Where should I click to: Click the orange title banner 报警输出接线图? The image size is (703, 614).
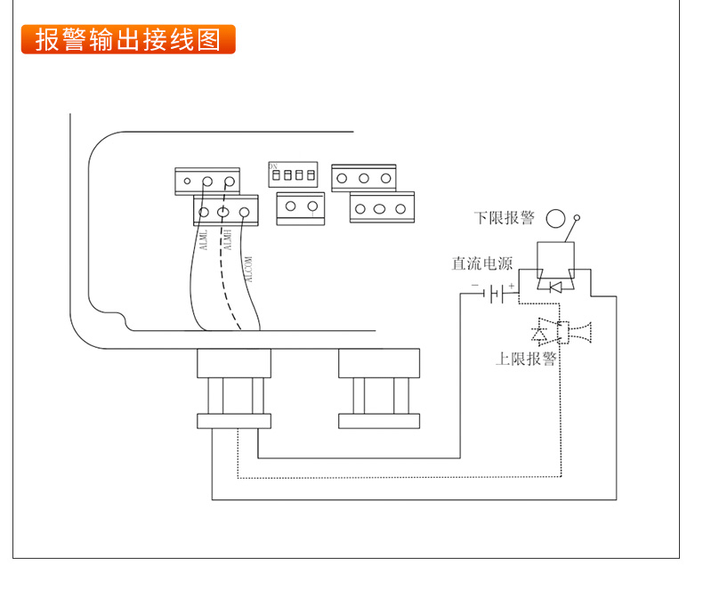click(128, 40)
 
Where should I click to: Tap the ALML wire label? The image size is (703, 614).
click(204, 241)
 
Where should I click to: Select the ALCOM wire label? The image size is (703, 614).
click(249, 269)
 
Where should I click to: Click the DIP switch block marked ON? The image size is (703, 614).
click(293, 174)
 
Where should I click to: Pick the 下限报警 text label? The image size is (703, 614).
click(504, 218)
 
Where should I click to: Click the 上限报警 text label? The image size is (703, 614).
click(526, 360)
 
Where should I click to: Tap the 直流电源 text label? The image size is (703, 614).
click(482, 263)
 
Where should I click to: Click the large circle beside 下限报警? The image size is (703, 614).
click(556, 218)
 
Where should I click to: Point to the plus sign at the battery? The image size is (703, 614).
click(512, 285)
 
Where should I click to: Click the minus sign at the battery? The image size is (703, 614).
click(475, 287)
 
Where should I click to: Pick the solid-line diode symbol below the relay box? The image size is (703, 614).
click(554, 287)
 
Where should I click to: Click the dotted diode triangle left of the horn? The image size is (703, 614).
click(539, 334)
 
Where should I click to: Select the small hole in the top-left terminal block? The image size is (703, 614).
click(187, 182)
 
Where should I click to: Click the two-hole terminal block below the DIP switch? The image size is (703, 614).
click(300, 208)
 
